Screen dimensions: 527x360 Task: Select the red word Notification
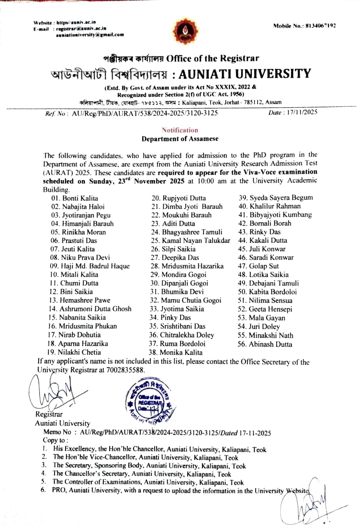point(180,130)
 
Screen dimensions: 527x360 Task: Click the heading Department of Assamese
point(180,138)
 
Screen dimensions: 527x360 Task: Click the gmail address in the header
point(90,34)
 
